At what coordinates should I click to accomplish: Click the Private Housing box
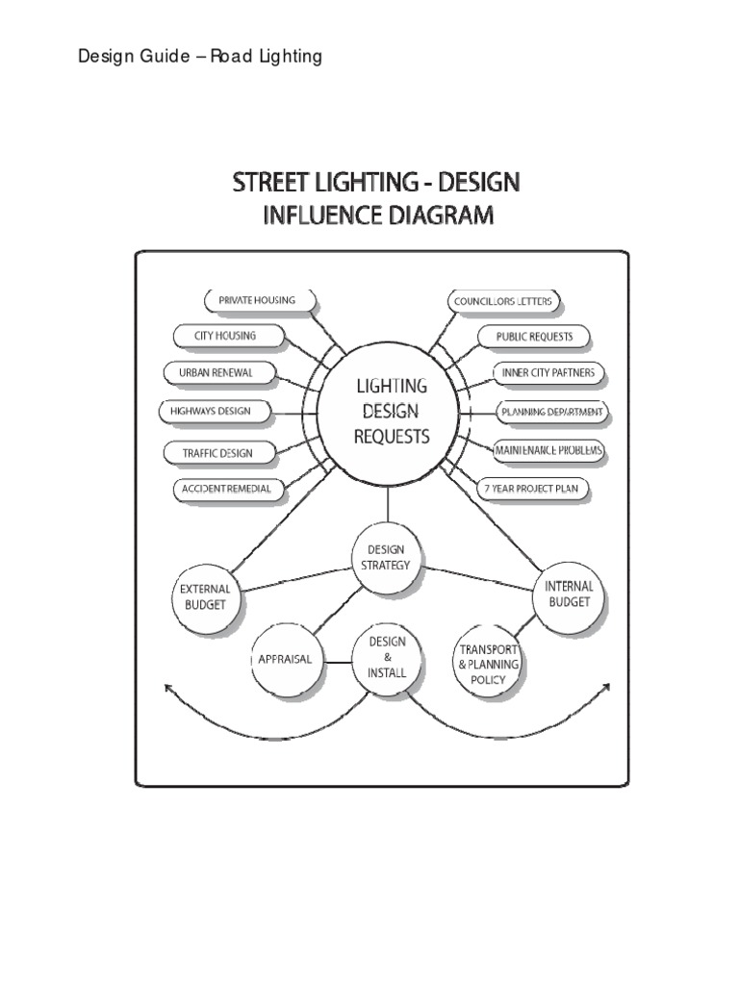tap(256, 300)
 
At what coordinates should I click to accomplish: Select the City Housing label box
tap(228, 336)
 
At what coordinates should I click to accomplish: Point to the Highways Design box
tap(210, 411)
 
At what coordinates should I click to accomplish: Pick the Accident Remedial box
tap(227, 489)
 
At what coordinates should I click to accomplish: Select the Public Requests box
tap(534, 337)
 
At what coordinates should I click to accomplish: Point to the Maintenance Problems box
tap(549, 449)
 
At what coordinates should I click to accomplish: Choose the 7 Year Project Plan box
tap(533, 489)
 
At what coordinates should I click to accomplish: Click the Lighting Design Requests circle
tap(392, 411)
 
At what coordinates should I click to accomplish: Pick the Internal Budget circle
tap(570, 594)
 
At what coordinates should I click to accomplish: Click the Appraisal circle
tap(286, 661)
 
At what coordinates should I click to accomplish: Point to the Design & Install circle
tap(387, 658)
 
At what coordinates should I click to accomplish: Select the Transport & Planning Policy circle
tap(488, 664)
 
